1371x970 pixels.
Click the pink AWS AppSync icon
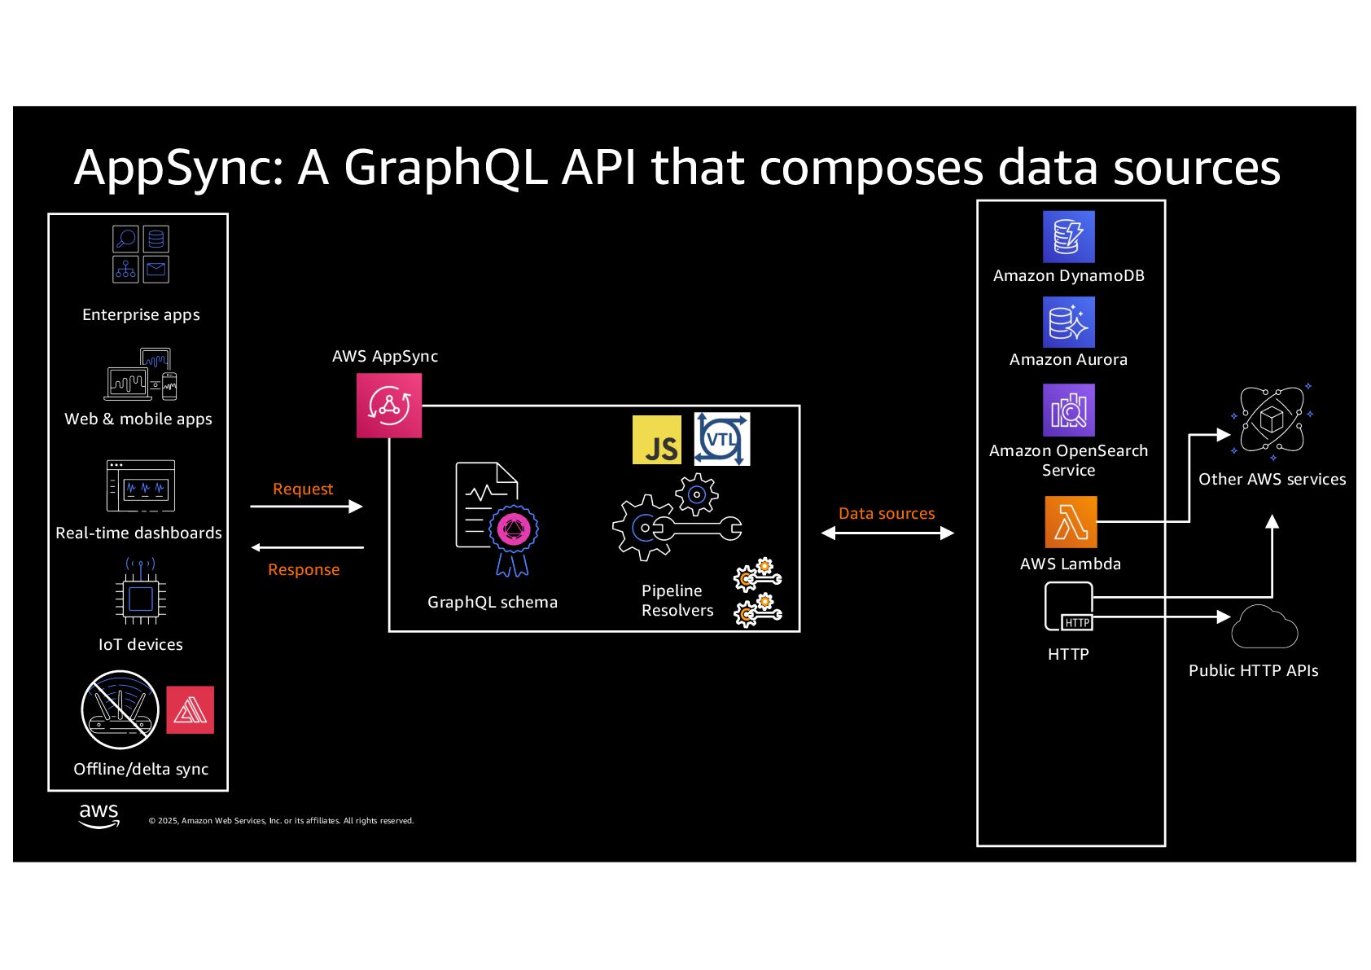(x=389, y=406)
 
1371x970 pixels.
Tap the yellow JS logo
(x=657, y=440)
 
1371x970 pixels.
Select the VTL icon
(x=722, y=440)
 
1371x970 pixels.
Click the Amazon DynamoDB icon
(x=1068, y=237)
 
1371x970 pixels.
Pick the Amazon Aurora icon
(x=1068, y=322)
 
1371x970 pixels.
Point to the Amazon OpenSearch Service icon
(x=1068, y=410)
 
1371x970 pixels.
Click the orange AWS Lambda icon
(x=1071, y=522)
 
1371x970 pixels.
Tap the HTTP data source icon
(x=1068, y=608)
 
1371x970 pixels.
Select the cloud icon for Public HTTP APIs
(x=1264, y=627)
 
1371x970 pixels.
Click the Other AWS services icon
(x=1271, y=420)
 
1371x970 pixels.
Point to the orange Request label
(x=303, y=489)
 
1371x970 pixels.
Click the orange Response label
(x=304, y=569)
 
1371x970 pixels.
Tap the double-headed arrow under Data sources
(x=887, y=533)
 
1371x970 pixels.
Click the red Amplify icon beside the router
(x=190, y=710)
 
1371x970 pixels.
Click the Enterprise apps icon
(x=141, y=254)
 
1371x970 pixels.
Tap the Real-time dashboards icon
(x=141, y=486)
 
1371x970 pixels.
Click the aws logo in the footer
(x=99, y=815)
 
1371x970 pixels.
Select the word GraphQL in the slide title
(x=445, y=167)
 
